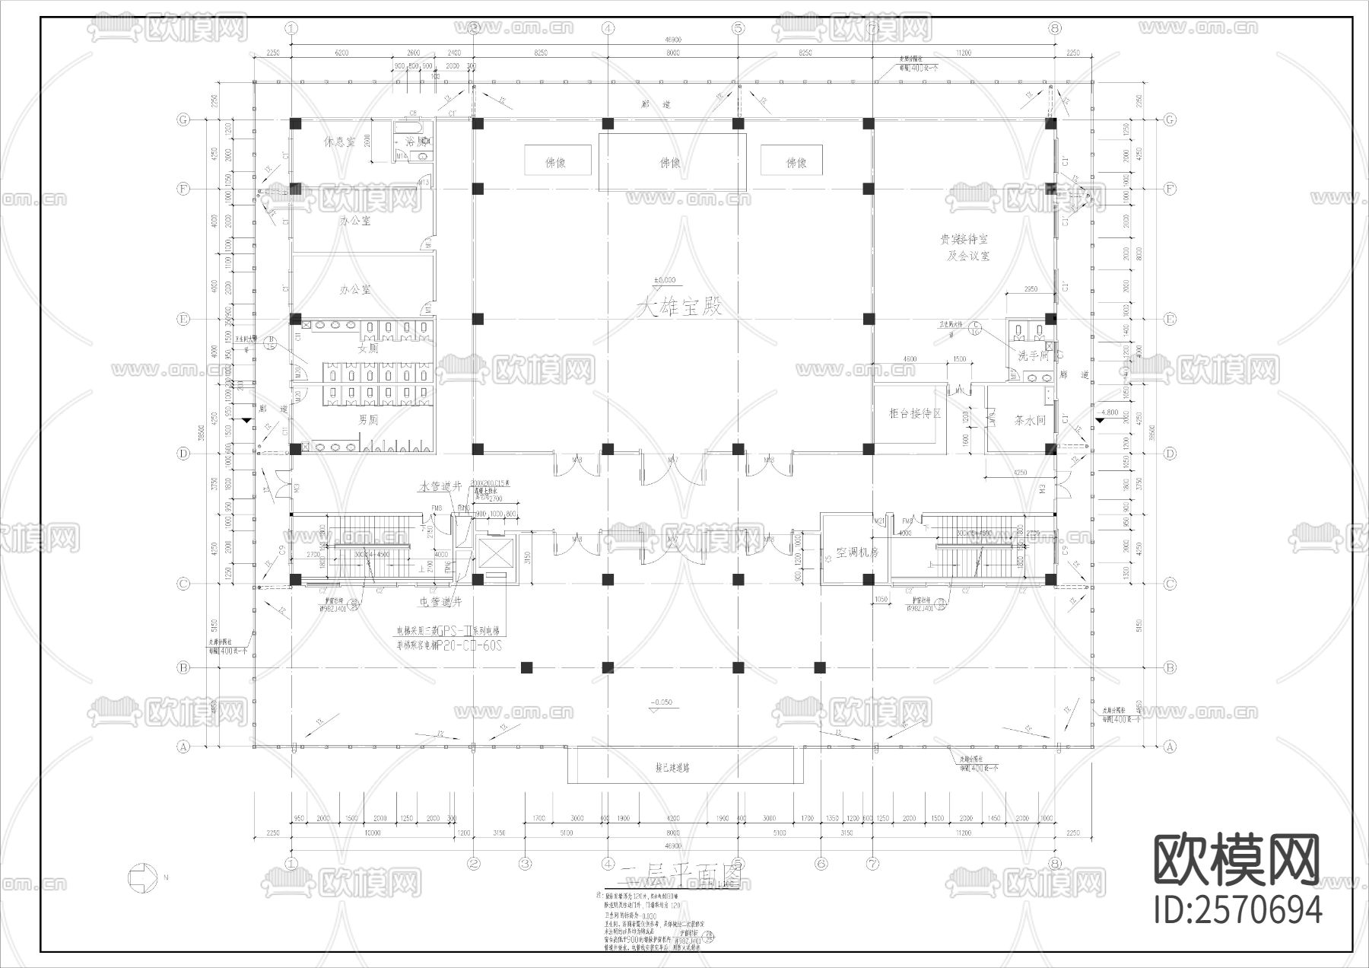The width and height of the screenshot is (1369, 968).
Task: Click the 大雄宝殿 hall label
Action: pyautogui.click(x=679, y=307)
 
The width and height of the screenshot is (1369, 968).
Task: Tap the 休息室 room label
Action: pyautogui.click(x=340, y=142)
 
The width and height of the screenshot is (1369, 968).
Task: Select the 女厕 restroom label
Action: pyautogui.click(x=368, y=349)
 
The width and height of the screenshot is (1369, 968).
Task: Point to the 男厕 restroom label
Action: pyautogui.click(x=368, y=419)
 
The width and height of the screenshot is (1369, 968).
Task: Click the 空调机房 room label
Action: pyautogui.click(x=857, y=553)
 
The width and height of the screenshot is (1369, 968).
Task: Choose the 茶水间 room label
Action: pyautogui.click(x=1030, y=419)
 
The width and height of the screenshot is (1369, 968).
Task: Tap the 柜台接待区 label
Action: pyautogui.click(x=915, y=413)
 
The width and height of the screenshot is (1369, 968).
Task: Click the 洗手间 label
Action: pyautogui.click(x=1034, y=355)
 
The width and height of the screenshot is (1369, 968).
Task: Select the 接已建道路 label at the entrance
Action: pyautogui.click(x=683, y=768)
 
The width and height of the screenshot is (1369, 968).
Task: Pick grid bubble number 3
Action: pyautogui.click(x=525, y=864)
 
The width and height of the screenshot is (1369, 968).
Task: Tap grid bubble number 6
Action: pyautogui.click(x=820, y=864)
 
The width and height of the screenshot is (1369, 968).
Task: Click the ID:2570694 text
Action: pyautogui.click(x=1237, y=909)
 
